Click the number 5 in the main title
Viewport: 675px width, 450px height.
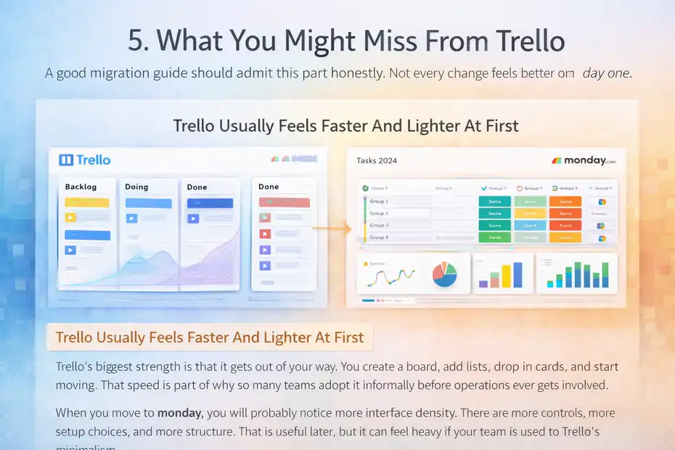point(136,41)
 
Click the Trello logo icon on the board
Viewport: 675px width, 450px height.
point(65,160)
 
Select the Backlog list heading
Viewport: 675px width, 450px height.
point(81,187)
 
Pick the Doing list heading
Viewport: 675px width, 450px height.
point(136,187)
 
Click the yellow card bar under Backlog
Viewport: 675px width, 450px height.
point(86,202)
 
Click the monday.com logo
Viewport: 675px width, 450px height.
point(584,160)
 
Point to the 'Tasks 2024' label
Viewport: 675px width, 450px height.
point(377,160)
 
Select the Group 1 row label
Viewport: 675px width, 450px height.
point(379,201)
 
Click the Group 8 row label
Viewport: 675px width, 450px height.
point(379,237)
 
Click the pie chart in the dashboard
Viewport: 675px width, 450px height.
point(444,274)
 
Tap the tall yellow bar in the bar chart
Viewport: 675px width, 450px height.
point(517,274)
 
